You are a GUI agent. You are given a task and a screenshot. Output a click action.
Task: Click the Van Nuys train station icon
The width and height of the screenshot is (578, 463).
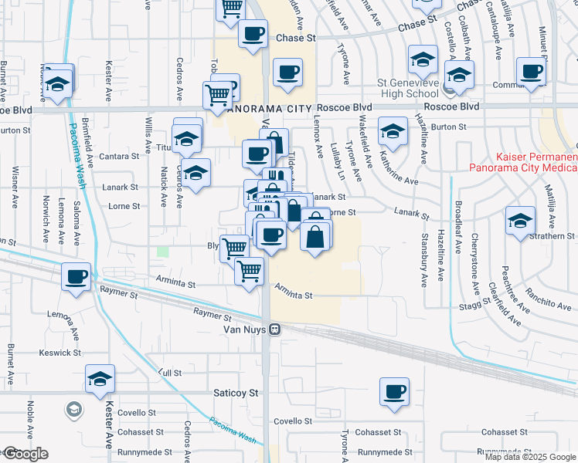[274, 330]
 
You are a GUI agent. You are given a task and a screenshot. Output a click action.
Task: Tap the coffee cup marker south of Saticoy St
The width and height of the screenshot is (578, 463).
[395, 391]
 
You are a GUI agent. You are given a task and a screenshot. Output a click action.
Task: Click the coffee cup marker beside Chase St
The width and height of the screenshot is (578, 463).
[253, 33]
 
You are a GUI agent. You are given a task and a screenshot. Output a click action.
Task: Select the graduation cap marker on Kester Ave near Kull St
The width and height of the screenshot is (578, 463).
[100, 379]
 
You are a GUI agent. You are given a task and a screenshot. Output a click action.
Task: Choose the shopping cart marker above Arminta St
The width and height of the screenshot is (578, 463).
[249, 271]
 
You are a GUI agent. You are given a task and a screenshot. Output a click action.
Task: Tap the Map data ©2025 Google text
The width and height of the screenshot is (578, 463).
[530, 457]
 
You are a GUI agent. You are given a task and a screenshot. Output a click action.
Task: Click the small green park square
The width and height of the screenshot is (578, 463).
[162, 252]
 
